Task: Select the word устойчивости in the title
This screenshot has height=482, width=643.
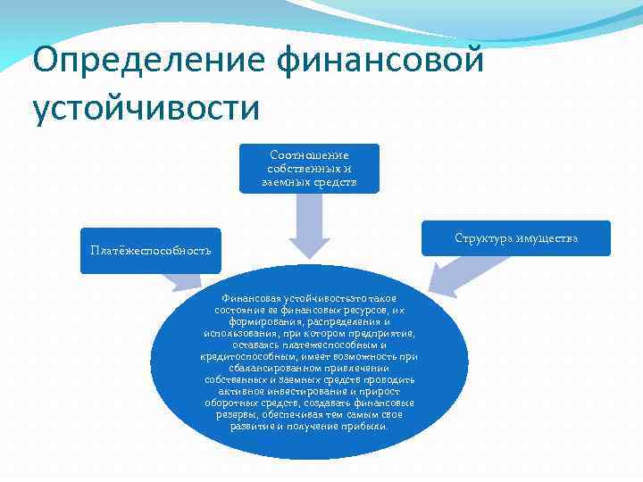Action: click(146, 107)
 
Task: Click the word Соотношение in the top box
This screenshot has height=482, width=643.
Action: click(309, 155)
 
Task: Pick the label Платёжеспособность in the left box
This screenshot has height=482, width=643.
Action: click(150, 249)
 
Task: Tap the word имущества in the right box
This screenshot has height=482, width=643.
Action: click(548, 238)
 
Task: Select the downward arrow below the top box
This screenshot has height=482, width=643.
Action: click(309, 223)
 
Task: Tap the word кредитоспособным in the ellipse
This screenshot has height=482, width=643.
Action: click(240, 357)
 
